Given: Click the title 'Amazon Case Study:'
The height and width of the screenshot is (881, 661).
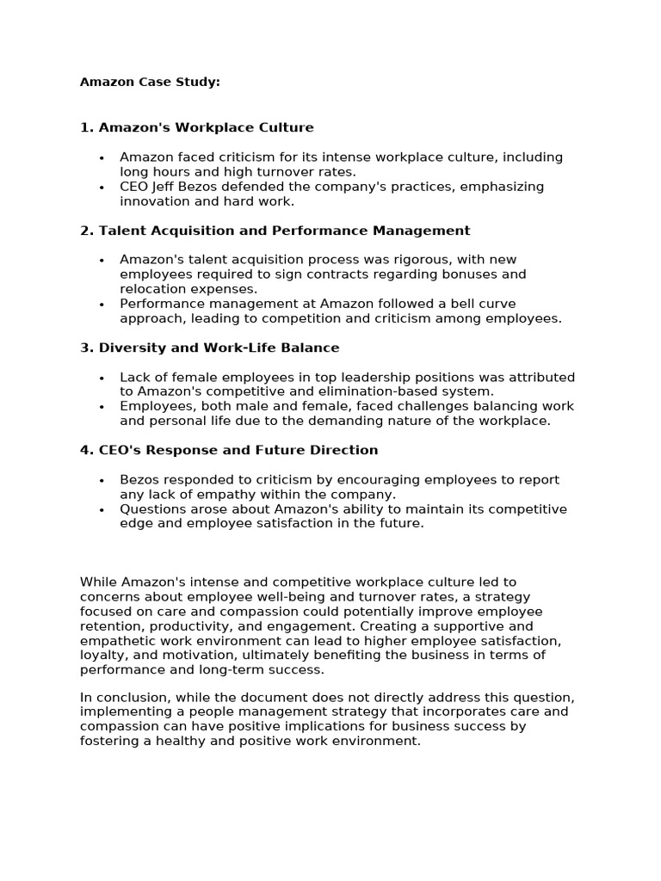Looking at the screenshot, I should pos(150,83).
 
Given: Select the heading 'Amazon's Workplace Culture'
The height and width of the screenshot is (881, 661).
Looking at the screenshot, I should pos(207,127).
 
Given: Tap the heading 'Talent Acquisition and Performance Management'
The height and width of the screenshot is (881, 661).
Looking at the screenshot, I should pos(284,231).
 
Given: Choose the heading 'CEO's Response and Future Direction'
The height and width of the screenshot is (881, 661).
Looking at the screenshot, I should pos(238,450).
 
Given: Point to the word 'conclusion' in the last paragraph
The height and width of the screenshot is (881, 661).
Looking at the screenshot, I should pos(131,698).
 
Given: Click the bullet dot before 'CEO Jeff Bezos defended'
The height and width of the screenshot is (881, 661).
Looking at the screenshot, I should pos(102,188).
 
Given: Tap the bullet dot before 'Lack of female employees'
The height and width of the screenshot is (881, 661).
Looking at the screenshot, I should pos(102,378).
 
